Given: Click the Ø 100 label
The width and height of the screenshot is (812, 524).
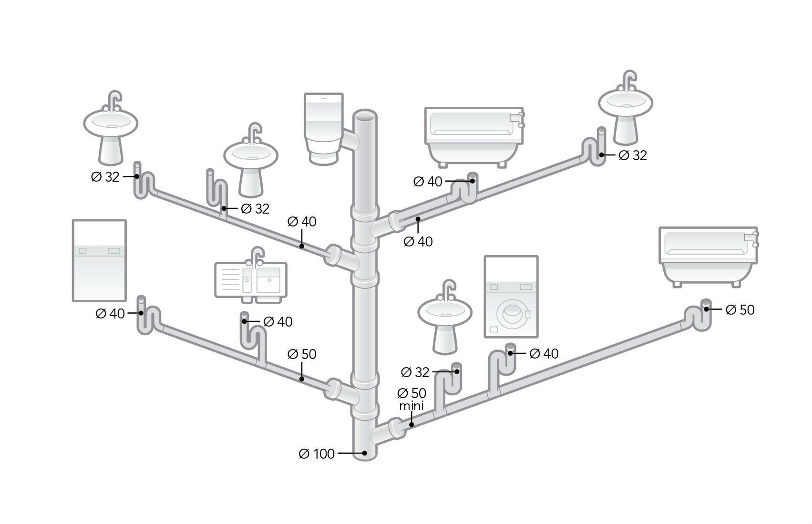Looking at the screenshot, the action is coord(317,453).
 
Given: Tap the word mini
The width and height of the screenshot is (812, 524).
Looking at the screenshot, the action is coord(411,406).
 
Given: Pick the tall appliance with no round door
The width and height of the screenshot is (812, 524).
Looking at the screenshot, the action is coord(99,261).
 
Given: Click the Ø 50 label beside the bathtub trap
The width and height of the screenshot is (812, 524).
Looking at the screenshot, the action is coord(740,310).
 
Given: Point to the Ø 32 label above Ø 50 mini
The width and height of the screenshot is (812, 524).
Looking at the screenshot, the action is coord(415,372).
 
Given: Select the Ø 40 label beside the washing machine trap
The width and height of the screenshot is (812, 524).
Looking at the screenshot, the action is coord(544,354).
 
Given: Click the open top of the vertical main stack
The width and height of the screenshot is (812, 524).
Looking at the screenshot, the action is coord(365,116).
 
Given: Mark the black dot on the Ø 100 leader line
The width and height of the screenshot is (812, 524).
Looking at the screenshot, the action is coord(365,453).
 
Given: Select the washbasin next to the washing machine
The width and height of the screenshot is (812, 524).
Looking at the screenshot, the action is coord(445,317).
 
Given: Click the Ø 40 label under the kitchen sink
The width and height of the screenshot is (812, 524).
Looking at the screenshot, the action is coord(278,322).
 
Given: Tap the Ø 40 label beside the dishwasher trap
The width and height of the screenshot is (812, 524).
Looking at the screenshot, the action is coord(110,314).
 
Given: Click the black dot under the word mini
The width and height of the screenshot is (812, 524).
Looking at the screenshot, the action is coord(411,424).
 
